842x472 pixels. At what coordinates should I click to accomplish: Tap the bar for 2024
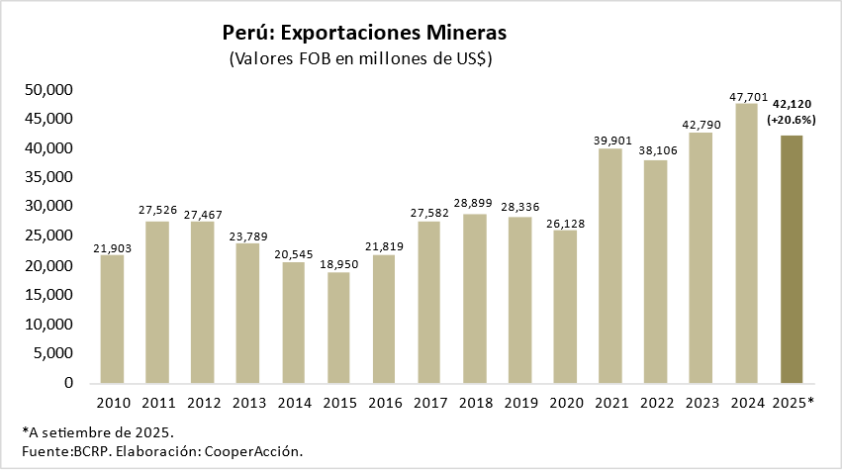click(747, 243)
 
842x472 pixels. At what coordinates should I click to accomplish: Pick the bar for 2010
click(113, 319)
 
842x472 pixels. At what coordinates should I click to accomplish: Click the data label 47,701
click(747, 97)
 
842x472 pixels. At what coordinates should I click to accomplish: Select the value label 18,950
click(339, 264)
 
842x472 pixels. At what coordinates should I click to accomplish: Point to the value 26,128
click(566, 223)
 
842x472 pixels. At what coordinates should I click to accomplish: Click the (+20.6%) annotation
click(792, 120)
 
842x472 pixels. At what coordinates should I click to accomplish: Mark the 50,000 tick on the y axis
click(48, 90)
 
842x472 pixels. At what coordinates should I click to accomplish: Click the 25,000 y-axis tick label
click(48, 236)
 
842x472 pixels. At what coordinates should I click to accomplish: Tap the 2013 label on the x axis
click(248, 403)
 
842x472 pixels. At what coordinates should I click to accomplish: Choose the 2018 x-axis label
click(475, 403)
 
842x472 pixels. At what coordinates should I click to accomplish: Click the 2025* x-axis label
click(792, 403)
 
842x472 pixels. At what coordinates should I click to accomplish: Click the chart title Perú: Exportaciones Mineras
click(365, 32)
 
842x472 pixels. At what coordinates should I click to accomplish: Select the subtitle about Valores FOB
click(361, 59)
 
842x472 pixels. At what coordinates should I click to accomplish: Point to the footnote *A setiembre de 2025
click(98, 432)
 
